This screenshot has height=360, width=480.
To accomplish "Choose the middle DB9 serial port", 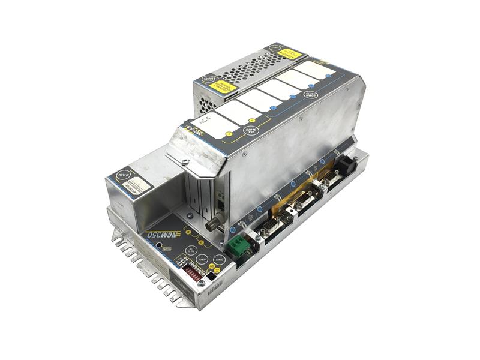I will (303, 201).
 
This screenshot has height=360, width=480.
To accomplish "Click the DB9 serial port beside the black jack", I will (329, 181).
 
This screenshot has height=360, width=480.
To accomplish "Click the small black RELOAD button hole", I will (158, 247).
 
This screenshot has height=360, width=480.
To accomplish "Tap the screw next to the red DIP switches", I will (202, 283).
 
